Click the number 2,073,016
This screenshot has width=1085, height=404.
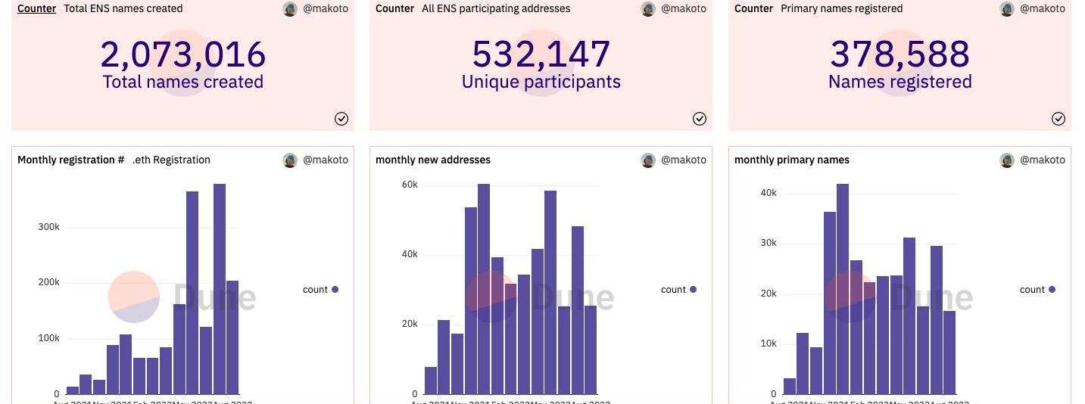[182, 54]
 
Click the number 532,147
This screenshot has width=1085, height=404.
[541, 54]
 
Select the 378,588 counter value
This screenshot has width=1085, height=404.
[899, 54]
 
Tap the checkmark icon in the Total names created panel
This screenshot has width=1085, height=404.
[341, 119]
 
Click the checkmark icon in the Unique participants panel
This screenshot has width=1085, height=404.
[700, 119]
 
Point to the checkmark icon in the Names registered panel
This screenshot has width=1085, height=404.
[1058, 119]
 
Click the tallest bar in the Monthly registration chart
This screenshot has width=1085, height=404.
[220, 287]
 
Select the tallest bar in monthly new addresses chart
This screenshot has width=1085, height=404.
[484, 287]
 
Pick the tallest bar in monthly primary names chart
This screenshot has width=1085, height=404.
[842, 287]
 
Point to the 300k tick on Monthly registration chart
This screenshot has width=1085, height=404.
[49, 227]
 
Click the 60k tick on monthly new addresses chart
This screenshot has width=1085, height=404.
[410, 185]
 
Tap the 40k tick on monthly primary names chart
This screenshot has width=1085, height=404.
[769, 193]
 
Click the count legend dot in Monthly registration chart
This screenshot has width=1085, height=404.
[335, 289]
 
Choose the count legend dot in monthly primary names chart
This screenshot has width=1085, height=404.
[1052, 289]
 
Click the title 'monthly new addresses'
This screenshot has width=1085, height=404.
[433, 160]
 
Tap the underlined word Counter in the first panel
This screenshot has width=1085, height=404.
[36, 8]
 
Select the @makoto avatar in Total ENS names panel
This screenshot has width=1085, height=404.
[290, 8]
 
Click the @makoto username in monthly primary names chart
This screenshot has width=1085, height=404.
[1043, 160]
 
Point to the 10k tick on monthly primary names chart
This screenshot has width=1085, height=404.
[769, 343]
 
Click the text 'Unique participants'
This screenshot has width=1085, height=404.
[541, 82]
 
